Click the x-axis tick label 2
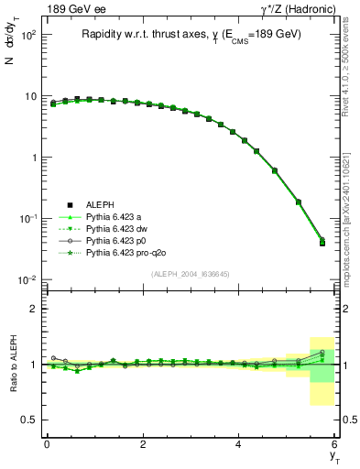click(x=143, y=444)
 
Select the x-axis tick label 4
click(x=239, y=444)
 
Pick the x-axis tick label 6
click(x=335, y=444)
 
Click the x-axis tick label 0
click(x=47, y=444)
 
